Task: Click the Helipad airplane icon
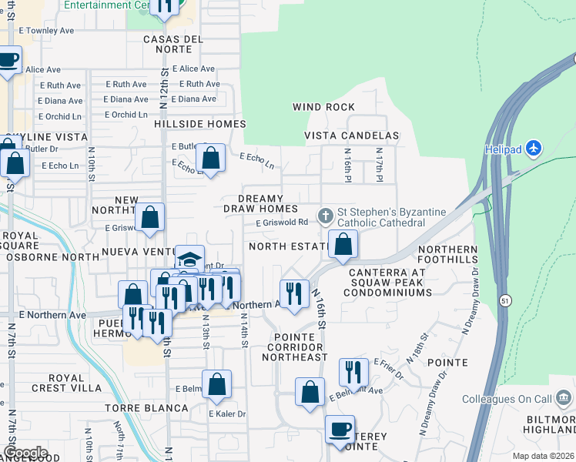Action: point(536,148)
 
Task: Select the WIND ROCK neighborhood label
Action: point(323,107)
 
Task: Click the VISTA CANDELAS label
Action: point(351,136)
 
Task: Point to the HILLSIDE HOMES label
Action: point(199,124)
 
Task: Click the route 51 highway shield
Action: point(504,299)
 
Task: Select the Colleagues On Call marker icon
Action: point(563,399)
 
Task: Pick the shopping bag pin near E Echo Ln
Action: point(210,159)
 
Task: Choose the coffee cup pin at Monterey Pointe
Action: point(339,430)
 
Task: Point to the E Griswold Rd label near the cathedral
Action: point(283,223)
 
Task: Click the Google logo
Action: point(25,453)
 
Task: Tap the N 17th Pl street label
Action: point(379,166)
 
